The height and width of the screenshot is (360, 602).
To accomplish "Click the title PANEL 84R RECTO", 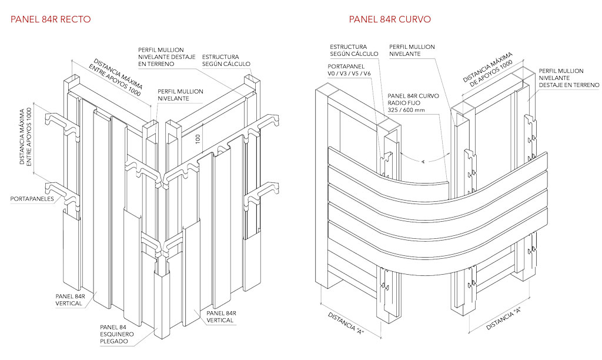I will pos(51,19).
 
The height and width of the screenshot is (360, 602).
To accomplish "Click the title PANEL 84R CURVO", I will pos(390,19).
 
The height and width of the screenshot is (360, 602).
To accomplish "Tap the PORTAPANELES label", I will pos(32,199).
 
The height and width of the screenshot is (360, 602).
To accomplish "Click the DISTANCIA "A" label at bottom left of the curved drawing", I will pos(347,324).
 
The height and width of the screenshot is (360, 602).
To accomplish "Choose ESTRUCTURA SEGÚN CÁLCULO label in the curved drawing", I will pos(349,50).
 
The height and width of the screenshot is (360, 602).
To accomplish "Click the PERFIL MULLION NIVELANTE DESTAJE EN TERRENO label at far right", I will pos(568,78).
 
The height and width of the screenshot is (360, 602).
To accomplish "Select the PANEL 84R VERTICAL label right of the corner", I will pos(221,317).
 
